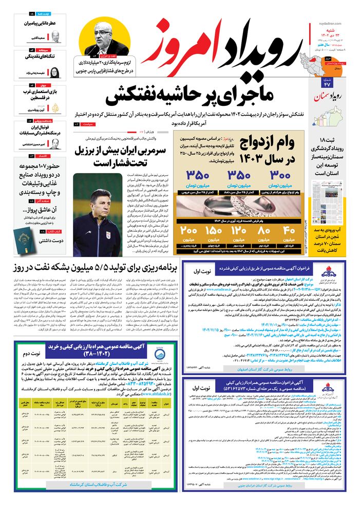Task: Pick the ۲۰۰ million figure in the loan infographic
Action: click(x=188, y=230)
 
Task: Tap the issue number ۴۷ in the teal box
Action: click(x=327, y=84)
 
